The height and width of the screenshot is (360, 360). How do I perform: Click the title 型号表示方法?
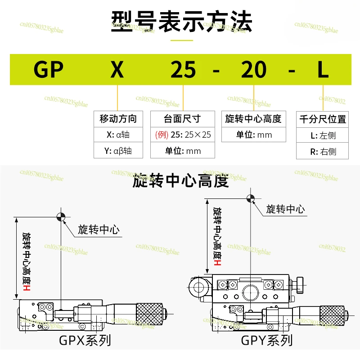182,21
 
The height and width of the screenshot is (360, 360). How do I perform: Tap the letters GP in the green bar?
49,69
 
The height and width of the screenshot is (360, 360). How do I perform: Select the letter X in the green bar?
117,69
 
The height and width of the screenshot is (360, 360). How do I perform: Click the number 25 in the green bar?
183,69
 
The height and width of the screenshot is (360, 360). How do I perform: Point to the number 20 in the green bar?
254,69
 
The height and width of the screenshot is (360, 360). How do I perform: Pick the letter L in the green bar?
323,69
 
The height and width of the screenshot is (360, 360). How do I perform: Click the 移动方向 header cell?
118,119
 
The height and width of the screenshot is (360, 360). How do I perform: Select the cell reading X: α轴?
118,135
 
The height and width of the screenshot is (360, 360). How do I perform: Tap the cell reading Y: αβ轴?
118,151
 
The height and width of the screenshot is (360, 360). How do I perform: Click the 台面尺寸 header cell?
183,119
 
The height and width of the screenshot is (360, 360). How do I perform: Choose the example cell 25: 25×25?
183,135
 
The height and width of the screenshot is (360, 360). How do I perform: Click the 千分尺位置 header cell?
322,119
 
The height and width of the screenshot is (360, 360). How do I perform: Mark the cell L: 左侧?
322,135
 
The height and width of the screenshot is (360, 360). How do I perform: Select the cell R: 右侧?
322,151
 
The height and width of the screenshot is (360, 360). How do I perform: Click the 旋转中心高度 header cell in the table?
253,119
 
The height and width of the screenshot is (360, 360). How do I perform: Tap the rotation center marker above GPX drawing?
61,217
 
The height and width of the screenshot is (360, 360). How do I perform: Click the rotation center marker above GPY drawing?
251,198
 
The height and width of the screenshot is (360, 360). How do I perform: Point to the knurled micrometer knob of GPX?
149,314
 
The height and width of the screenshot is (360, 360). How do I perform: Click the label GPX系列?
85,340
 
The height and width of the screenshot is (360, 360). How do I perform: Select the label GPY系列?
267,340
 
